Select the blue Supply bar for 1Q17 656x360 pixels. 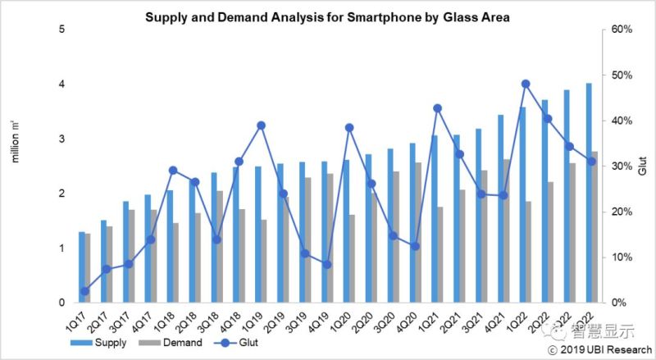coord(81,267)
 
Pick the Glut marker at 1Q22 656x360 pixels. coord(526,84)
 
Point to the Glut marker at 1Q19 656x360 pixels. coord(261,125)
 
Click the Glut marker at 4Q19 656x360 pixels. coord(326,264)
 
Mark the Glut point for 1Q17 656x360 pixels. coord(84,291)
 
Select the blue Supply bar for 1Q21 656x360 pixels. coord(434,219)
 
